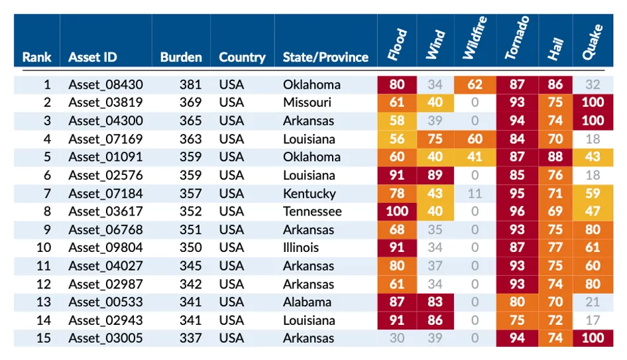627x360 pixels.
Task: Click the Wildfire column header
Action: [x=475, y=38]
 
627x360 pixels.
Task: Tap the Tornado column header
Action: [x=517, y=38]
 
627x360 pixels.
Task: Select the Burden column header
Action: [x=181, y=57]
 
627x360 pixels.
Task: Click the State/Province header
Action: [x=325, y=57]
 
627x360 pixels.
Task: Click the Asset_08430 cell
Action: [x=105, y=84]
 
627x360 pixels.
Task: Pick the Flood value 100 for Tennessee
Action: [x=397, y=211]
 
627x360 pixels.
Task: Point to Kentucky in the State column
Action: [x=310, y=194]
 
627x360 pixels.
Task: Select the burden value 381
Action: [x=190, y=84]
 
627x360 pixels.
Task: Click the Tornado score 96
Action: [x=517, y=211]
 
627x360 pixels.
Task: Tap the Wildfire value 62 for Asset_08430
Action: [x=475, y=84]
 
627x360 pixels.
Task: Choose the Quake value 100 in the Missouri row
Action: [x=593, y=102]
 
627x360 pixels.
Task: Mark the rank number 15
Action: [x=44, y=338]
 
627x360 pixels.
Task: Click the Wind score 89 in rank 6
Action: [x=435, y=175]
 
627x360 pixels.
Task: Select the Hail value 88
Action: [x=555, y=157]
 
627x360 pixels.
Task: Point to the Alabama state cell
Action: [x=307, y=302]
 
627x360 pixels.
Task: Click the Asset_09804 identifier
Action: [x=105, y=247]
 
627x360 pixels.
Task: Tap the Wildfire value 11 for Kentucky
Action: [x=475, y=194]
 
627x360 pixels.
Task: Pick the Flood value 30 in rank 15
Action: [x=397, y=338]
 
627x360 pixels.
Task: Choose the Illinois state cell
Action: [x=301, y=247]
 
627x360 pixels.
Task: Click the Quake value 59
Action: [x=593, y=194]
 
